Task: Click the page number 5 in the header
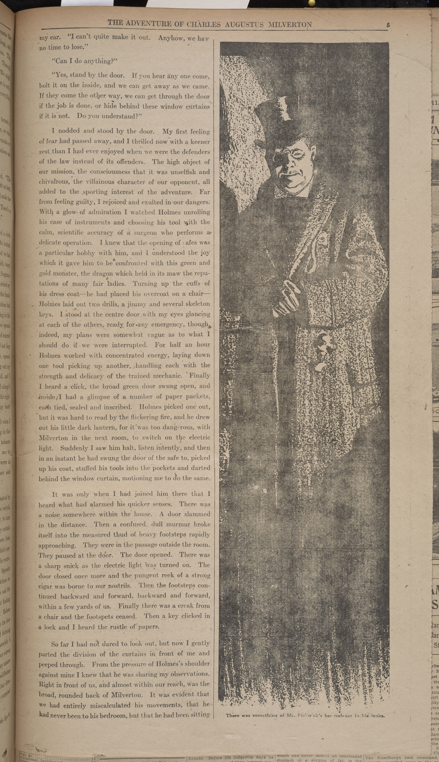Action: click(x=388, y=25)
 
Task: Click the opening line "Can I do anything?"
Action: click(x=84, y=61)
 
